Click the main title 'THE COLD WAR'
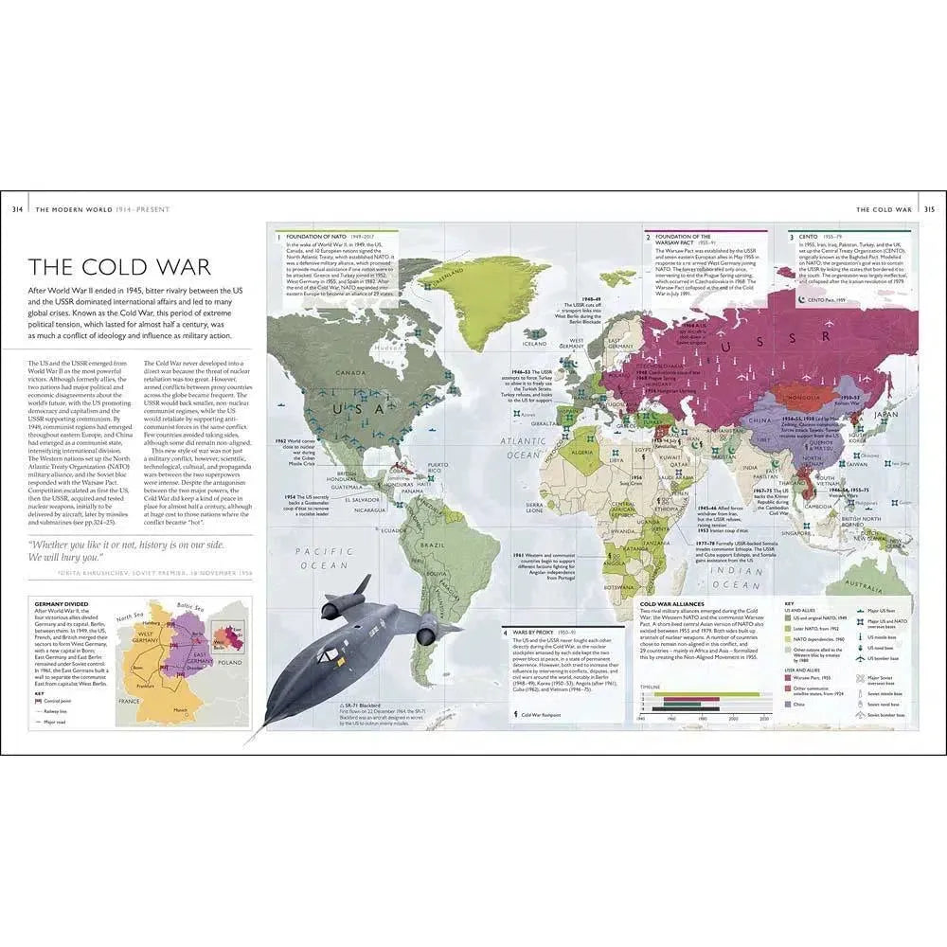point(119,268)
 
